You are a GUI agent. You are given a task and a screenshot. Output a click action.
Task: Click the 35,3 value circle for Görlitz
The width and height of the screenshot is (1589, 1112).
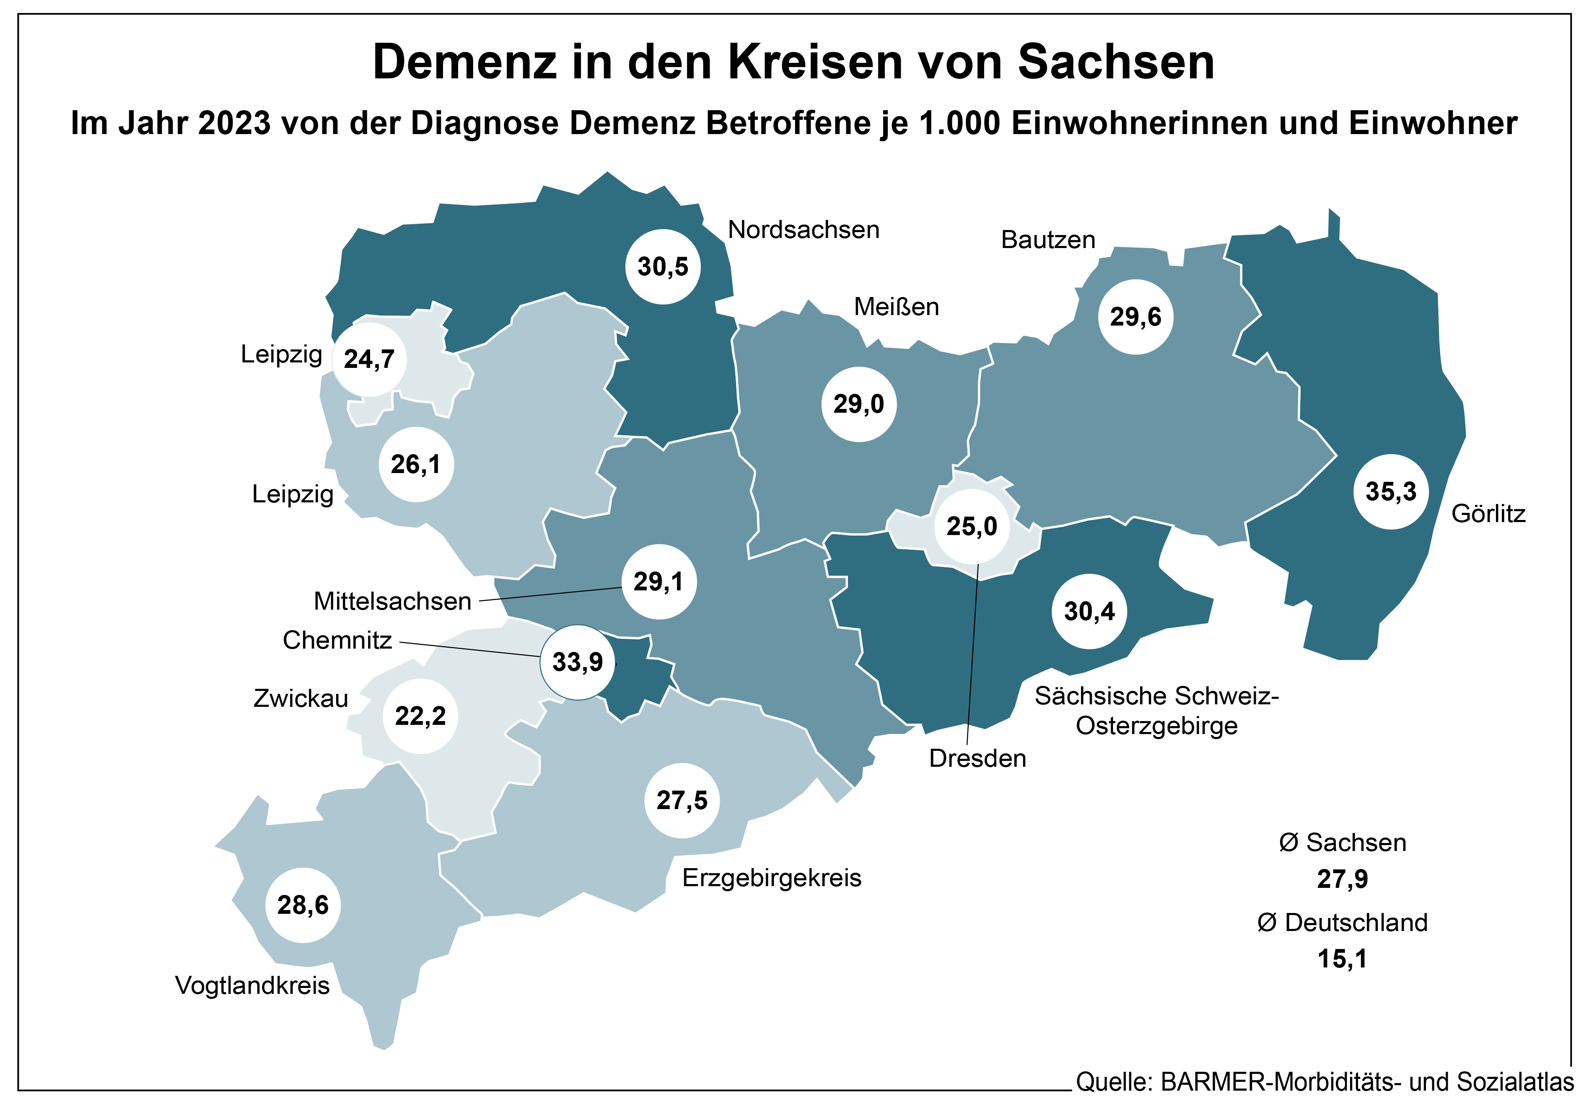pyautogui.click(x=1390, y=492)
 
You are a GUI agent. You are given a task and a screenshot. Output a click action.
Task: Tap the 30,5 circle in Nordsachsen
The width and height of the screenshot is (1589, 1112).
pyautogui.click(x=663, y=266)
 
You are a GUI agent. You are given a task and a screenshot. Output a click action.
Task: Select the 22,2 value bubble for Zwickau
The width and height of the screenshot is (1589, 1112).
pyautogui.click(x=420, y=716)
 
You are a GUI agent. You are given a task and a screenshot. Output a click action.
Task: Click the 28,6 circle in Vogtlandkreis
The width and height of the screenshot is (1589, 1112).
pyautogui.click(x=303, y=905)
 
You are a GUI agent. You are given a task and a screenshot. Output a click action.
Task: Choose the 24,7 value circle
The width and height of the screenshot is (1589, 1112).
pyautogui.click(x=370, y=359)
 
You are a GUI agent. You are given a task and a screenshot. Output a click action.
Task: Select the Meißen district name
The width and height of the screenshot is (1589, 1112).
pyautogui.click(x=896, y=307)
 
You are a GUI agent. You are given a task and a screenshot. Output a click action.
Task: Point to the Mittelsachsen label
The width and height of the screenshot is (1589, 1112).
pyautogui.click(x=392, y=601)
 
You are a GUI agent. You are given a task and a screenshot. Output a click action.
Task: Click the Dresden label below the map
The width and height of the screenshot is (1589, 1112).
pyautogui.click(x=977, y=758)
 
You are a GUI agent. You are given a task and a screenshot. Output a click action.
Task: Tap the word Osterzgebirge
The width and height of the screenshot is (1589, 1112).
pyautogui.click(x=1156, y=726)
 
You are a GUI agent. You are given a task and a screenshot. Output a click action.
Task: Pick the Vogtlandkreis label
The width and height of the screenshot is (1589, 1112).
pyautogui.click(x=253, y=985)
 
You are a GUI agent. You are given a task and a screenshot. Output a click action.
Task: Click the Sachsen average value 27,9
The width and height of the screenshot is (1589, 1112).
pyautogui.click(x=1343, y=879)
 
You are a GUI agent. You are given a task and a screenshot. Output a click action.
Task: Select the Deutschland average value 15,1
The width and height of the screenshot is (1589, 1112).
pyautogui.click(x=1343, y=959)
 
